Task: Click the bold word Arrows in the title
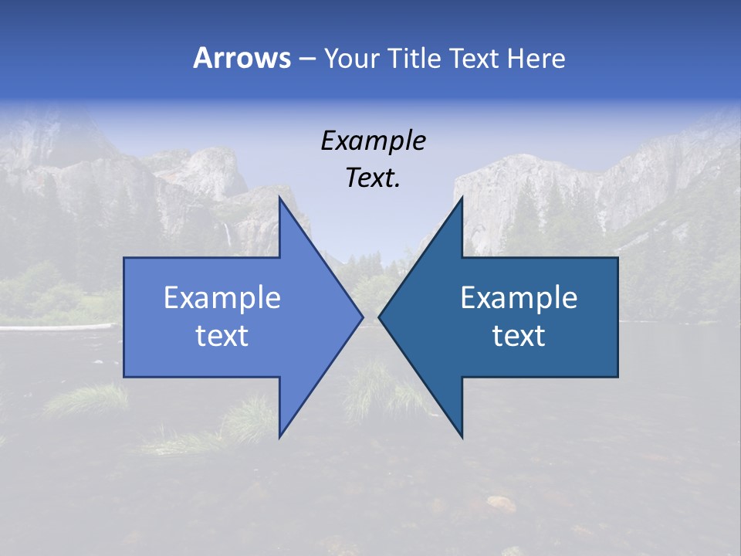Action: click(242, 58)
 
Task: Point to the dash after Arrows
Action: click(306, 59)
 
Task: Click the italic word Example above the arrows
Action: click(373, 141)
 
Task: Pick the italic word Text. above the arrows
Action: click(373, 178)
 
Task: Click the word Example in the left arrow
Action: click(222, 298)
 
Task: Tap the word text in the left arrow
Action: click(222, 336)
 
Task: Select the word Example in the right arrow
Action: click(519, 298)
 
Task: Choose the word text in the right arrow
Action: click(519, 336)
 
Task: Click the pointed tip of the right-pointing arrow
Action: click(362, 317)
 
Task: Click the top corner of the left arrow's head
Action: click(280, 198)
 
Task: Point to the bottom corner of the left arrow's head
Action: click(280, 436)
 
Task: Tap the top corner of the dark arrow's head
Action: click(462, 198)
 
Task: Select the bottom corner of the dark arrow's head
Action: click(462, 436)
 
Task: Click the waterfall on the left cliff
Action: click(227, 234)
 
